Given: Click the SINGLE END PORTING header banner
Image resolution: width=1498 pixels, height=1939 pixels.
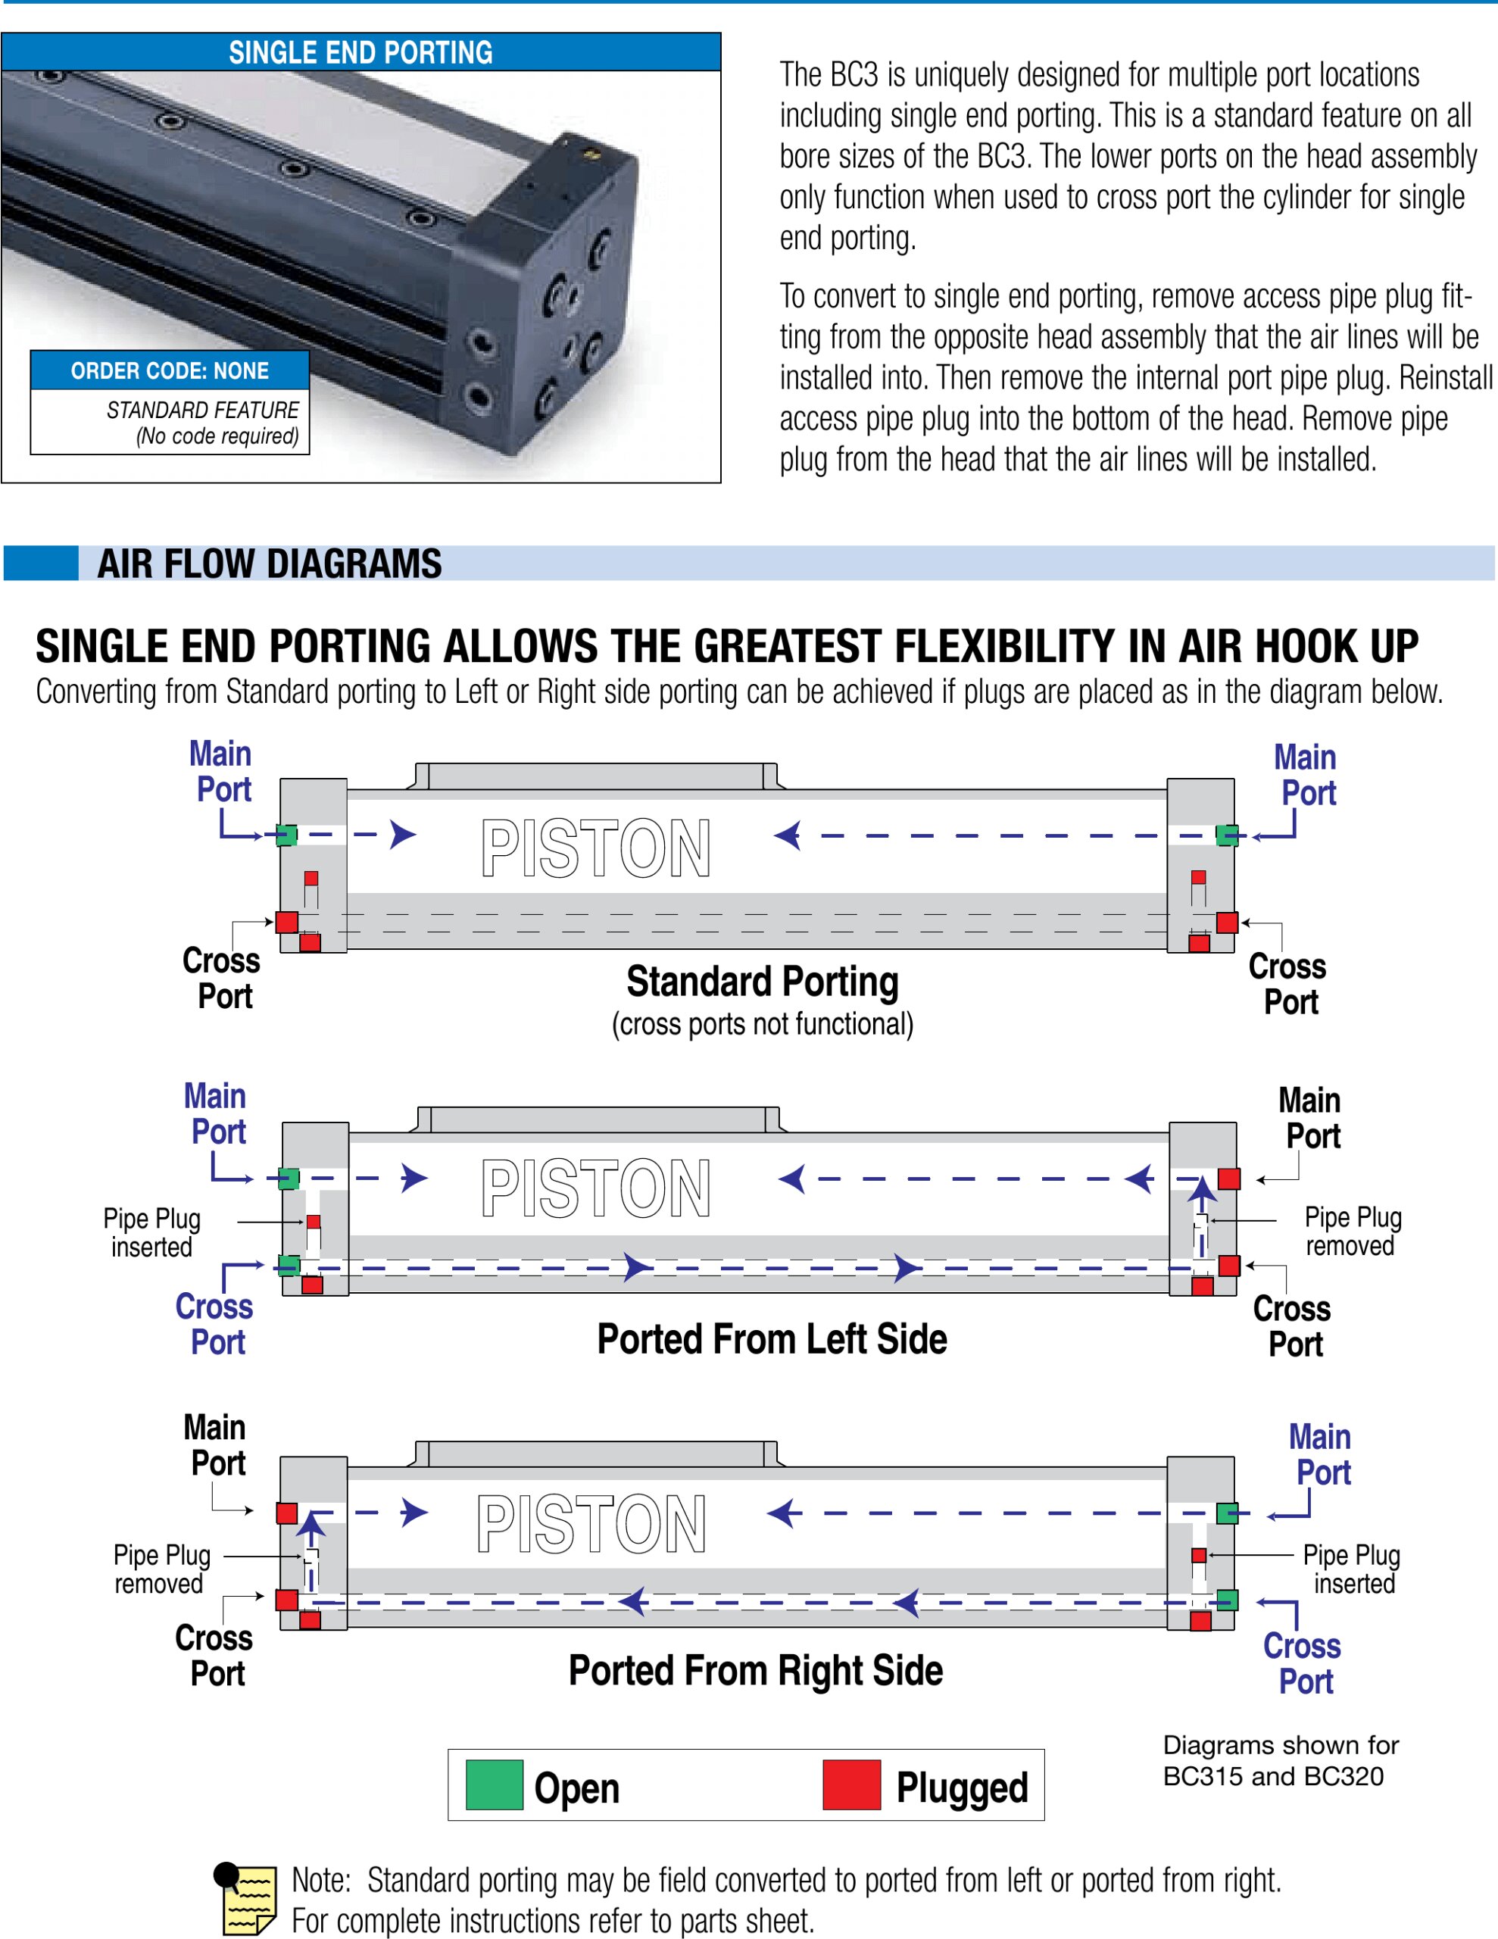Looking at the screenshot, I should click(360, 52).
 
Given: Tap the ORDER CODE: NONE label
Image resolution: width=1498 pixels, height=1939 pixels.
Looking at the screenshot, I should click(170, 371).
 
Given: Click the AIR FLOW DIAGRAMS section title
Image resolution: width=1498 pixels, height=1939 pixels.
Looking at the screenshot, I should click(269, 564).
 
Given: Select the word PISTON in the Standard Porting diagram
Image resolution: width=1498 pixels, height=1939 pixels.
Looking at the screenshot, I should click(596, 849).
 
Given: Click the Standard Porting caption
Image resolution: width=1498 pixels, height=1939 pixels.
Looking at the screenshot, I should click(762, 982).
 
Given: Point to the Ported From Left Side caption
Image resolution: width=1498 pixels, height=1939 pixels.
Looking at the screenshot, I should click(772, 1339).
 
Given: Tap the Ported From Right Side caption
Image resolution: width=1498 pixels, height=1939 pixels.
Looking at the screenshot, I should click(756, 1670).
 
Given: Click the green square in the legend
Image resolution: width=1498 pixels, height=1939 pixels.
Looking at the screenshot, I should click(494, 1784).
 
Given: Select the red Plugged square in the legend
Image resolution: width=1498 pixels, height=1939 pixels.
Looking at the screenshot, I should click(851, 1784).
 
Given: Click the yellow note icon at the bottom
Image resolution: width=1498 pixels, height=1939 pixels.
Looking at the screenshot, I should click(247, 1899).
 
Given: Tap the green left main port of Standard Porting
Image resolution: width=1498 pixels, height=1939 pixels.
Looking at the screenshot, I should click(286, 835).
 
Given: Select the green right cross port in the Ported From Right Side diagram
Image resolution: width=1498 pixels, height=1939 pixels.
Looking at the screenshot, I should click(1227, 1600).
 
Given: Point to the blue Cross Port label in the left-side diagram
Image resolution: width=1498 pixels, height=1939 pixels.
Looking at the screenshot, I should click(215, 1324).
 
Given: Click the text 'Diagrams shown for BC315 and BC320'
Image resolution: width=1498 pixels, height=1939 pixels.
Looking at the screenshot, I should click(1280, 1760).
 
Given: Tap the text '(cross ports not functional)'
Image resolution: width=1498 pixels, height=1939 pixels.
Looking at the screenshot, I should click(762, 1025).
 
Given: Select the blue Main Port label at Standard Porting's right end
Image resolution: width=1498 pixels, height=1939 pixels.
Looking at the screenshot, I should click(1306, 775).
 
